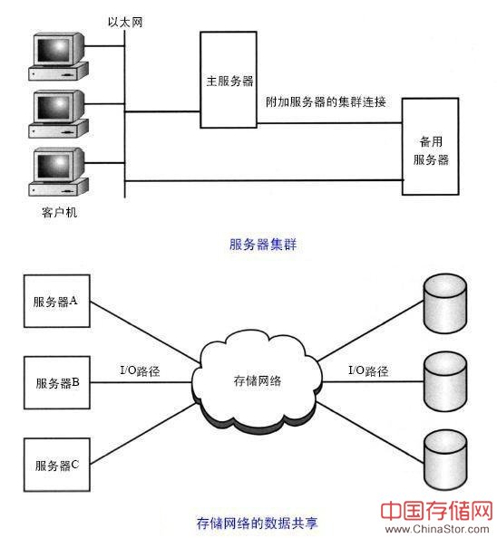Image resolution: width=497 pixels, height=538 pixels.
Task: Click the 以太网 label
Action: click(125, 23)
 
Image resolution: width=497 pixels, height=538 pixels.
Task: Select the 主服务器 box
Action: click(229, 80)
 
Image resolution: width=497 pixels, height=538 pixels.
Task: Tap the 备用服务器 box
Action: click(431, 147)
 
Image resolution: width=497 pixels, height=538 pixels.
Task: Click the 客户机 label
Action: click(60, 212)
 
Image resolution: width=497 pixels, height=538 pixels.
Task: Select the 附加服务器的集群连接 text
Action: click(326, 102)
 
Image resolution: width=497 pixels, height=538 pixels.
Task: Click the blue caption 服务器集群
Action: click(263, 245)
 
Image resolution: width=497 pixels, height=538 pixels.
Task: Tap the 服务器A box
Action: click(57, 301)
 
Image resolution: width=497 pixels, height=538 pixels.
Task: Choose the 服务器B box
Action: click(57, 382)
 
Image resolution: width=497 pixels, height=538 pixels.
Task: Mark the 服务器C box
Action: click(57, 465)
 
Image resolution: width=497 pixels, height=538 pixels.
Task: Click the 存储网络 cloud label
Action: click(258, 380)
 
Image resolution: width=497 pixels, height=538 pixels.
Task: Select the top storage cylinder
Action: click(445, 303)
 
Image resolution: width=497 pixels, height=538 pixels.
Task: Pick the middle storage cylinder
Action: click(445, 381)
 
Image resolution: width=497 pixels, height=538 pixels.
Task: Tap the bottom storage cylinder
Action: click(445, 459)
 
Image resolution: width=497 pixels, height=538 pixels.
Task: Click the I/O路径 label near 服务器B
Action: click(140, 371)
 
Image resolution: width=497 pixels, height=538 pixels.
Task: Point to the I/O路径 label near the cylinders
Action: click(368, 371)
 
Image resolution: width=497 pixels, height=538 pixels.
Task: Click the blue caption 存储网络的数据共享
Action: click(258, 523)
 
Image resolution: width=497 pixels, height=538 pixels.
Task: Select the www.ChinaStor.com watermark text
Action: click(437, 529)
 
